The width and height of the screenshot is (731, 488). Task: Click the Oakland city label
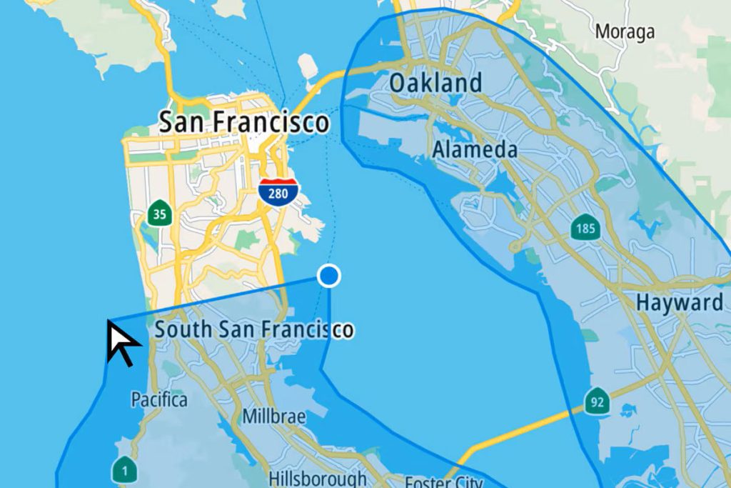pos(435,83)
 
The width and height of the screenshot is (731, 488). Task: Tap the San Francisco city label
pos(243,121)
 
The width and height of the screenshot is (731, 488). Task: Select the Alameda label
pos(475,150)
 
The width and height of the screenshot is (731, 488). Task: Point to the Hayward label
pos(679,302)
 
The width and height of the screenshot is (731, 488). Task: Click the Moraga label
pos(625,32)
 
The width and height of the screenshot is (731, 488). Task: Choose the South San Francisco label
pos(254,329)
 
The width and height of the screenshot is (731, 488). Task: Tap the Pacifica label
pos(158,399)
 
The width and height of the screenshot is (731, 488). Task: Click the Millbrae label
pos(274,416)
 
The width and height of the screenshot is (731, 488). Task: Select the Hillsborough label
pos(318,477)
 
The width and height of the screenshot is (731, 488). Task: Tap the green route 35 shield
pos(159,213)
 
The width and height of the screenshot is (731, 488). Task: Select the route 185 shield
pos(585,228)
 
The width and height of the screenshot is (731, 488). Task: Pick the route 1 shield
pos(124,469)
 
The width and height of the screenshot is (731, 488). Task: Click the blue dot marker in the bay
pos(329,276)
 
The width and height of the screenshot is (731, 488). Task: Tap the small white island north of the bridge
pos(308,66)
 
